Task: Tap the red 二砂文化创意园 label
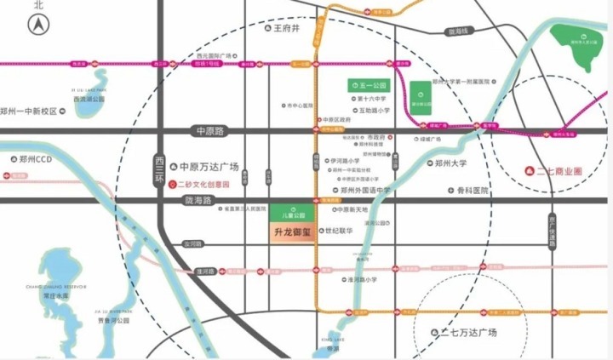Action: click(205, 184)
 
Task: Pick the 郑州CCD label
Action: click(35, 159)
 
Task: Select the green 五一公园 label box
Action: click(368, 86)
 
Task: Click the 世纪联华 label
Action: click(342, 231)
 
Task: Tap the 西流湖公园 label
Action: click(89, 100)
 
